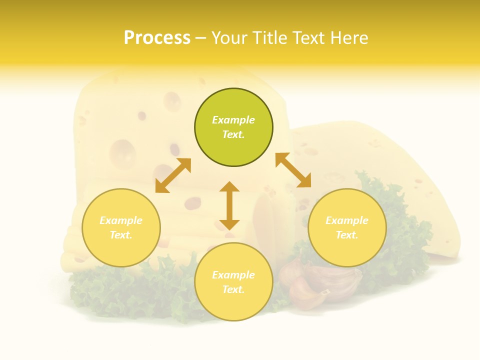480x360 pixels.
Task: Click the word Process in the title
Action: (157, 37)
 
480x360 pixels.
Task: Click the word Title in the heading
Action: (270, 37)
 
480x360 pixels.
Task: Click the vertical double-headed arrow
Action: (229, 205)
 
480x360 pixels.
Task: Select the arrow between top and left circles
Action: (173, 175)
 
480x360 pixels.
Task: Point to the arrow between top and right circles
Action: (293, 170)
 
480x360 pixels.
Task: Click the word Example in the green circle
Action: (233, 120)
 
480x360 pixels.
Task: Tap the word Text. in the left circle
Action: (121, 235)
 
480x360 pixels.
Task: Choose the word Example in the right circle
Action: (347, 220)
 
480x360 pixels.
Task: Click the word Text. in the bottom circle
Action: (233, 289)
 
